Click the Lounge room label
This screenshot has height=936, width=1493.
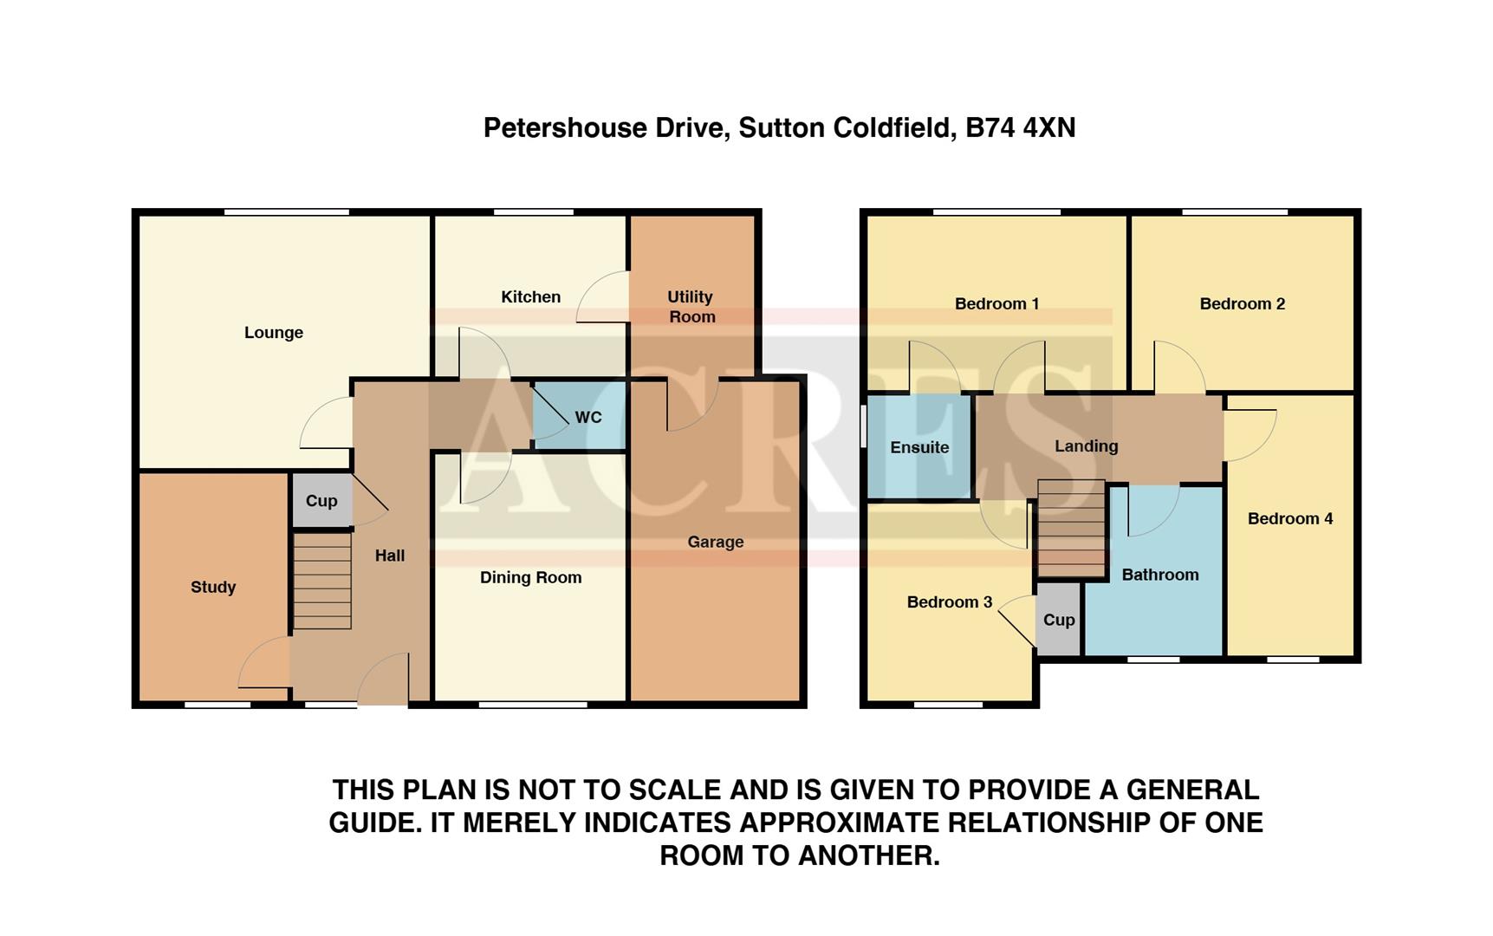pos(274,333)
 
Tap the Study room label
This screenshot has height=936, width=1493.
pos(213,588)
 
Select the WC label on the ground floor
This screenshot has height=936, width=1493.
pos(588,418)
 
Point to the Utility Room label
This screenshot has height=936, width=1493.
pos(691,307)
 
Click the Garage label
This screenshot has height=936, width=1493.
pos(716,543)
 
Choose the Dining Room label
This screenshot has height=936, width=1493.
pos(530,578)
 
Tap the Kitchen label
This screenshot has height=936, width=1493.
pos(530,297)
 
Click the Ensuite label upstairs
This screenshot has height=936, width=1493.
pos(919,448)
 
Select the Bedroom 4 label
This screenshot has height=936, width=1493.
pos(1290,519)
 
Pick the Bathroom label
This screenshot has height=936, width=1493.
pos(1160,575)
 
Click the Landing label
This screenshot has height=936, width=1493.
pos(1086,446)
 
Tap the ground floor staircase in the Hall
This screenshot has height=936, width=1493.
pos(322,581)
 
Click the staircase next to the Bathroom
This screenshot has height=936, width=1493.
pos(1072,528)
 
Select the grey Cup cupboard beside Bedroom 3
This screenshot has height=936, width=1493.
pos(1059,620)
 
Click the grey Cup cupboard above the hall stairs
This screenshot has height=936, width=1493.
pos(321,501)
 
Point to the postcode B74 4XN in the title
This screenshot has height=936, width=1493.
pos(1020,128)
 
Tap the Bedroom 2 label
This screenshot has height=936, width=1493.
pos(1242,304)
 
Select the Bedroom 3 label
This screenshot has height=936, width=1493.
pos(949,602)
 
